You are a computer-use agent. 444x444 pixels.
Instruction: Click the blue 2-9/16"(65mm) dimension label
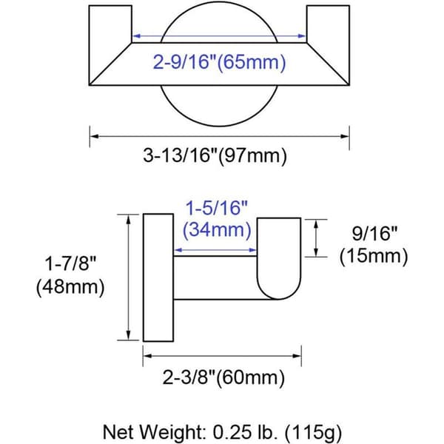point(219,62)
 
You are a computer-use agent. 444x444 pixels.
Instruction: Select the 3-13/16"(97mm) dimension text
point(215,155)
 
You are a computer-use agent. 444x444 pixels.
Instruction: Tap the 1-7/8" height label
point(71,263)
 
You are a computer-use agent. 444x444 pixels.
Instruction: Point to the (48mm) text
point(70,286)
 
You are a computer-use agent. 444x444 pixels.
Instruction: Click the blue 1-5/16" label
point(216,207)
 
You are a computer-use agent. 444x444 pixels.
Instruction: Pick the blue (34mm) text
point(217,229)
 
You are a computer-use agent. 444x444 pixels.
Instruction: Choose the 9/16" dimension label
point(374,234)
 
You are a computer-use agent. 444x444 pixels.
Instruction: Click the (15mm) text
point(374,256)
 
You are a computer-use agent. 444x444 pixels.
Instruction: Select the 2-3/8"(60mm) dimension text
point(223,377)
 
